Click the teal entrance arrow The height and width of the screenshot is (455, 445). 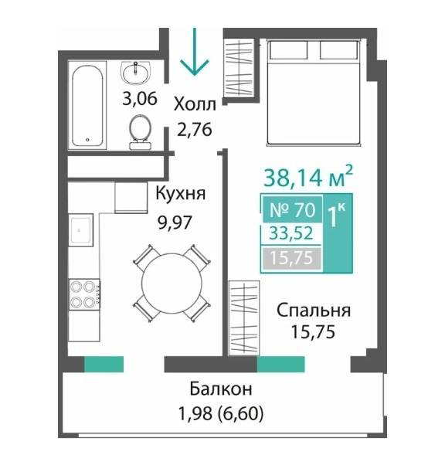tap(194, 53)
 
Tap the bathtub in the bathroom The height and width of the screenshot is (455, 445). tap(87, 106)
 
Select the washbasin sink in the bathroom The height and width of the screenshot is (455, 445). tap(135, 73)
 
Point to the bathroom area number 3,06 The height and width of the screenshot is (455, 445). tap(140, 99)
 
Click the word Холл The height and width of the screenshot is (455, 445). tap(195, 105)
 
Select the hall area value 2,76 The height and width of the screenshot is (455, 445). tap(195, 130)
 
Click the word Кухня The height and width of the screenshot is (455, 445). tap(181, 193)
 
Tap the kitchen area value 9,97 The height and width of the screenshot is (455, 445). tap(175, 222)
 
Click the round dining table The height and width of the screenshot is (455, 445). tap(172, 283)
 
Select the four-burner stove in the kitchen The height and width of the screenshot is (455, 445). tap(84, 294)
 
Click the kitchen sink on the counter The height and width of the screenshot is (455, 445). tap(80, 230)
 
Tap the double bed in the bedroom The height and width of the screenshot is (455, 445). tap(314, 93)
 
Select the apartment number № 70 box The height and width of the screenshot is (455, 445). tap(292, 209)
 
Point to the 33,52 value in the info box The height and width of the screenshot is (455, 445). tap(291, 233)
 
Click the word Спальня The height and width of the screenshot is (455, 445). tap(314, 311)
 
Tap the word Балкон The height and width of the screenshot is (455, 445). tap(221, 389)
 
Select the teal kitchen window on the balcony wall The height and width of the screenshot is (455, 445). tap(104, 364)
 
